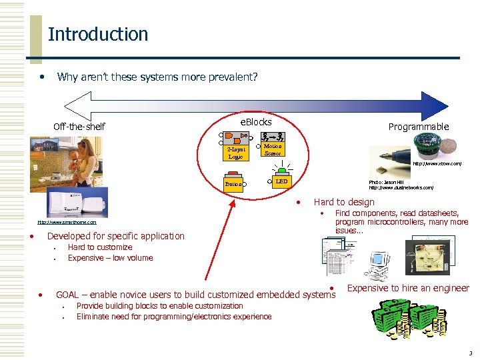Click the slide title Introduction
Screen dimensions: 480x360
[98, 34]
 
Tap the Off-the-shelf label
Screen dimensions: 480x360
[79, 127]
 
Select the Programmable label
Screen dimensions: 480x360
[419, 127]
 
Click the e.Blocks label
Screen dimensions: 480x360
[256, 122]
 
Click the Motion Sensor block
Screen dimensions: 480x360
[272, 149]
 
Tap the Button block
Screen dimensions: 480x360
[233, 183]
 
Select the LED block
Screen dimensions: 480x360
[281, 181]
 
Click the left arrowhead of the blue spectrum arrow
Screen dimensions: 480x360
[73, 103]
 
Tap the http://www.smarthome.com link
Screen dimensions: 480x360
[67, 222]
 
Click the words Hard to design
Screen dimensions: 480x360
[344, 202]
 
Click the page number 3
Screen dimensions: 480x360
[471, 353]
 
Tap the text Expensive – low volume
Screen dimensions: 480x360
[110, 258]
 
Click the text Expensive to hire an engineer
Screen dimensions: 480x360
[408, 289]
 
